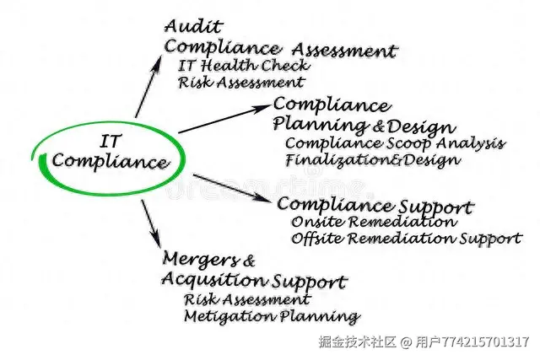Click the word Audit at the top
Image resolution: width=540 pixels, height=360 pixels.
coord(186,26)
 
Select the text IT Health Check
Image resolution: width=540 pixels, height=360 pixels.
coord(244,65)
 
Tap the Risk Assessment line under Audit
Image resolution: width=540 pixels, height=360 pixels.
coord(240,83)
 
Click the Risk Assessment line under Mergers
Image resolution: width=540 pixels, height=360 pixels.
coord(246,299)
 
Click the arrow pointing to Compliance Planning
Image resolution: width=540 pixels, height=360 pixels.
coord(224,118)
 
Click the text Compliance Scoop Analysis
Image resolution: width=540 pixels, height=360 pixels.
coord(395,144)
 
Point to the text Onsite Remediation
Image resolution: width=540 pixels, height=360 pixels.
coord(373,222)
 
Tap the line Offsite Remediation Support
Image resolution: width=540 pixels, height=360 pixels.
coord(406,239)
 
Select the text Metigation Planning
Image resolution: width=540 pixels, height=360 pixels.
coord(271,317)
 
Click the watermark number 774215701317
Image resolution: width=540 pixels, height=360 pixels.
coord(484,341)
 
